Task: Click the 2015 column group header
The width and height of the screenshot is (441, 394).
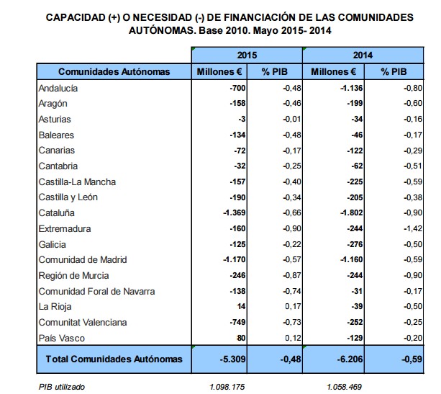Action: click(x=247, y=55)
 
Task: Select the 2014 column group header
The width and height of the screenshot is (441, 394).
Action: click(x=361, y=55)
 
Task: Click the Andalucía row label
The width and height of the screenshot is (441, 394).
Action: click(x=58, y=88)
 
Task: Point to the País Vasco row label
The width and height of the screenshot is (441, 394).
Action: click(x=59, y=338)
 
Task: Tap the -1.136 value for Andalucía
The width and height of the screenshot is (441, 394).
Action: click(x=346, y=88)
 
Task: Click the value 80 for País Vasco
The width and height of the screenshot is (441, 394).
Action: click(x=242, y=338)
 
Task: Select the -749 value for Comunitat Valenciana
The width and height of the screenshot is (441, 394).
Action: click(x=236, y=323)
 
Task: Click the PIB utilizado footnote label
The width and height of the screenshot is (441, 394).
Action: click(x=62, y=387)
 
